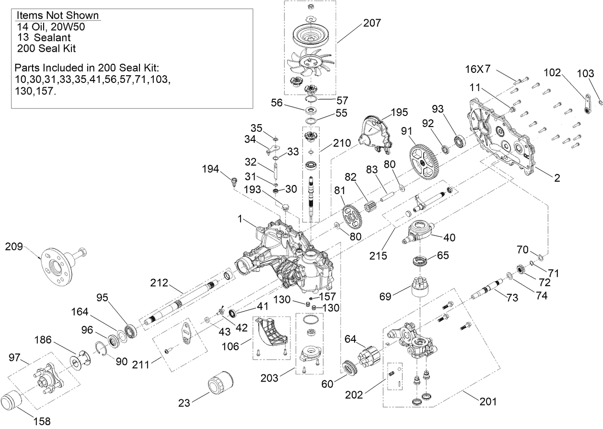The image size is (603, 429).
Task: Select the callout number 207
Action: (x=373, y=23)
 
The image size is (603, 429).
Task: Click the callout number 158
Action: (x=42, y=421)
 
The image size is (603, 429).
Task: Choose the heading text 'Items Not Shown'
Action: (x=58, y=16)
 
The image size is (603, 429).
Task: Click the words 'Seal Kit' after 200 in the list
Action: (x=58, y=48)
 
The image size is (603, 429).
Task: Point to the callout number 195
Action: (x=399, y=113)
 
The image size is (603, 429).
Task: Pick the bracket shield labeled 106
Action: (x=271, y=332)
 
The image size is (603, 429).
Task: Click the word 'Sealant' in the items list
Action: (x=49, y=37)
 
